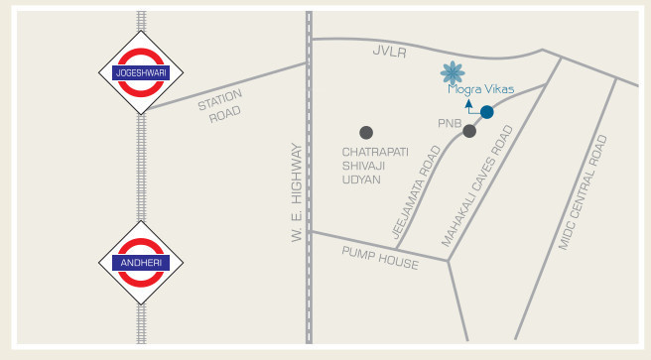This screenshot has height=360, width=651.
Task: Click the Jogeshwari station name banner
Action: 142,73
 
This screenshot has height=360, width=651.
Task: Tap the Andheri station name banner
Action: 142,263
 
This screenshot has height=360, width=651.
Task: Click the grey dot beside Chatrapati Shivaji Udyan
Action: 366,132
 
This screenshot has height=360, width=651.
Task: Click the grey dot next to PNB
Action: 469,131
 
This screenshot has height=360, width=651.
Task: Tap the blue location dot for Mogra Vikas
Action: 486,112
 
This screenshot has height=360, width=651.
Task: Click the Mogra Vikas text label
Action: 480,88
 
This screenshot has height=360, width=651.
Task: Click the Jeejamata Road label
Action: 417,192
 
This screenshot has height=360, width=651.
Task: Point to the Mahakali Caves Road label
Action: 477,186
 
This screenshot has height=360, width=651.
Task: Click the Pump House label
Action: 380,258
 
